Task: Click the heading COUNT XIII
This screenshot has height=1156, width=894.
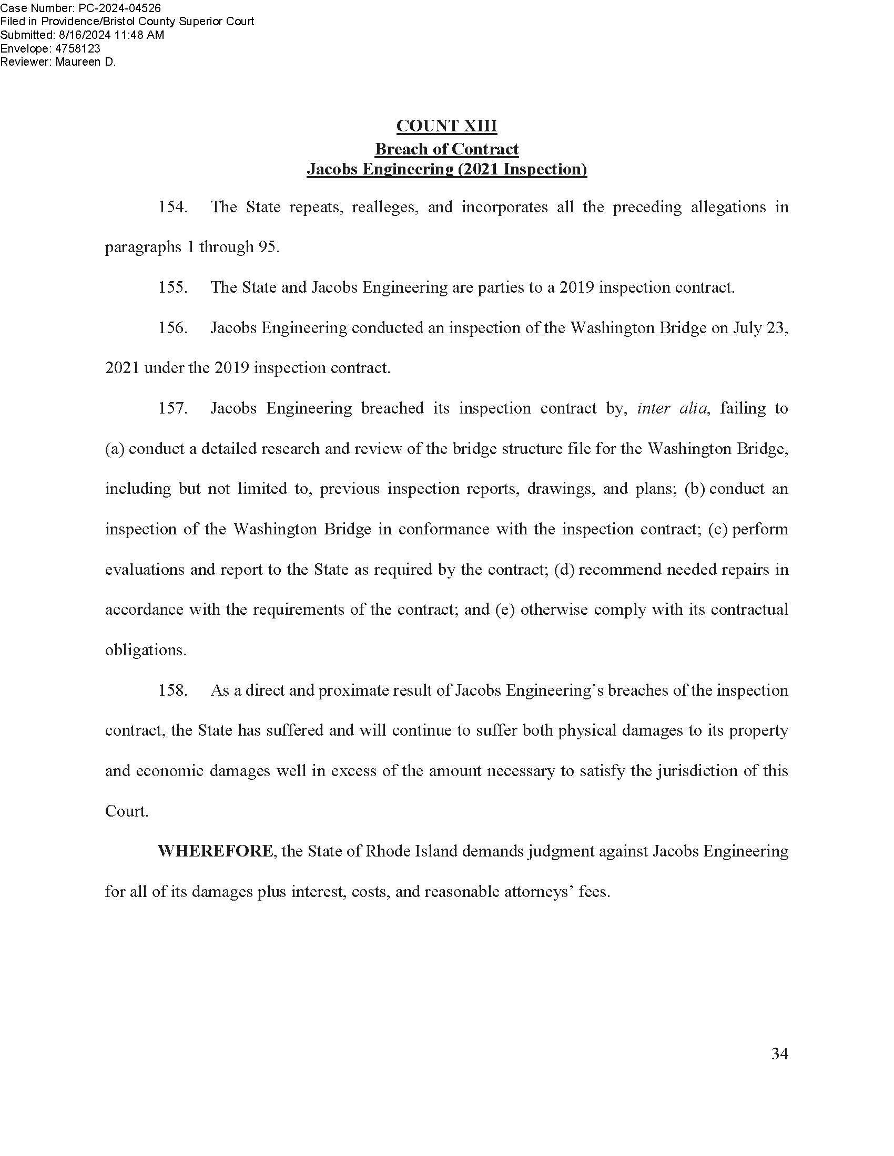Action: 446,126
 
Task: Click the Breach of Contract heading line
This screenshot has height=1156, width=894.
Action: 446,149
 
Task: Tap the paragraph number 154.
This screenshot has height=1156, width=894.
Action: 172,207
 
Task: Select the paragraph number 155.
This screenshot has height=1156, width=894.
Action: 172,287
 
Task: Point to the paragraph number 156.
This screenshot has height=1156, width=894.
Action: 172,328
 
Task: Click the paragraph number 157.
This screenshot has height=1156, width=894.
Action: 172,409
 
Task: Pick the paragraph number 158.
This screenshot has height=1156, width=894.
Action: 172,691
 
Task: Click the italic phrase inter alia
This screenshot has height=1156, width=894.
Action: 672,409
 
